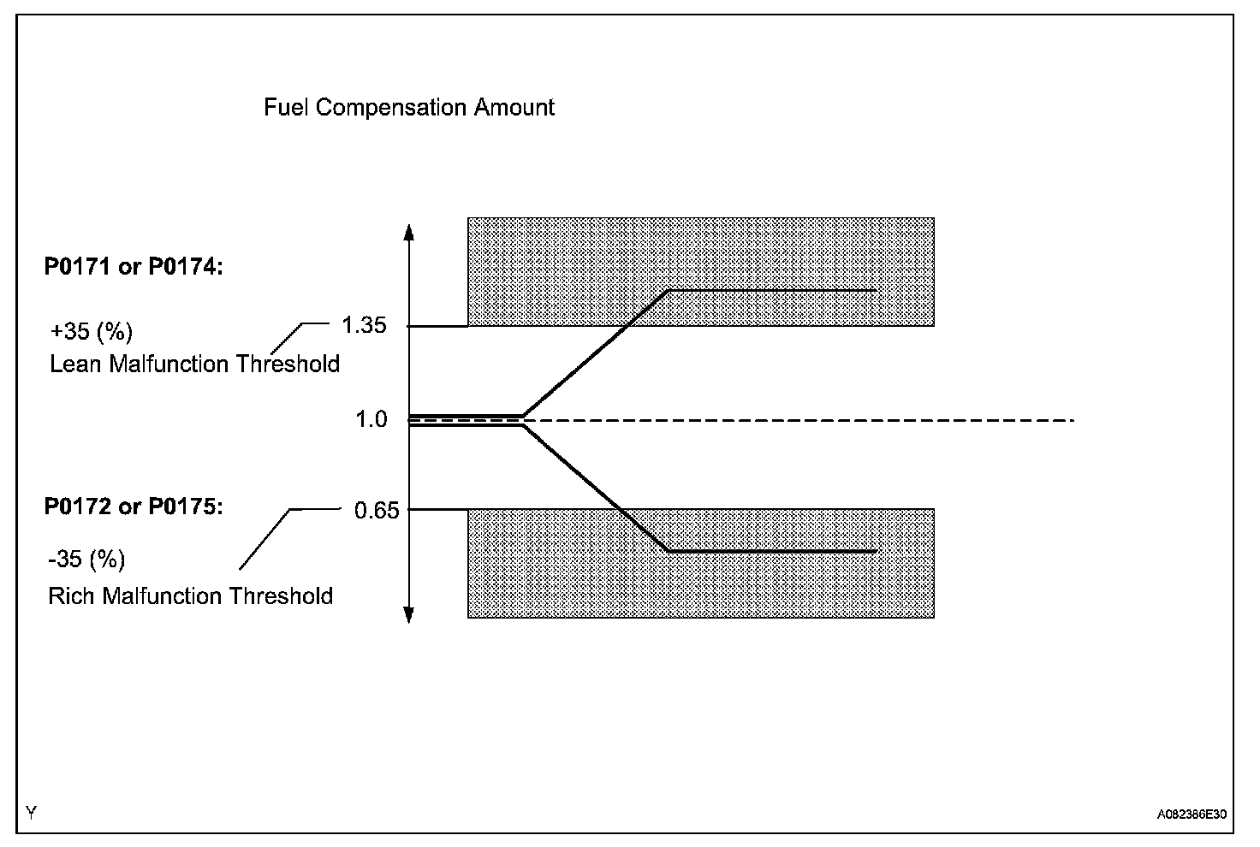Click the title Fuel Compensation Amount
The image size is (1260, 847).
coord(409,108)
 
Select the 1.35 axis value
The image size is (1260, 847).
coord(364,326)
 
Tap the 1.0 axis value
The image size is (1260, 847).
coord(372,420)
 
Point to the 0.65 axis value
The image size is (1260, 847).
coord(376,511)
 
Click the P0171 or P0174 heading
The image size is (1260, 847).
coord(134,268)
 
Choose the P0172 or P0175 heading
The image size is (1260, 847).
coord(134,507)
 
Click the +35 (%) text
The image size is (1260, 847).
coord(92,331)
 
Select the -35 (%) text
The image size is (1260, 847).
coord(86,560)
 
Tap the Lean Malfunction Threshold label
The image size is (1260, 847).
coord(194,364)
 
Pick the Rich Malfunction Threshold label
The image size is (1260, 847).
coord(190,596)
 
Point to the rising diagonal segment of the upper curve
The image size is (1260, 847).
coord(595,355)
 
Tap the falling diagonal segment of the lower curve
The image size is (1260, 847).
coord(595,488)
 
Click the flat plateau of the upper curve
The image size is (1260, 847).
coord(770,292)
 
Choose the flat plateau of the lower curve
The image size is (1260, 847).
coord(770,552)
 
